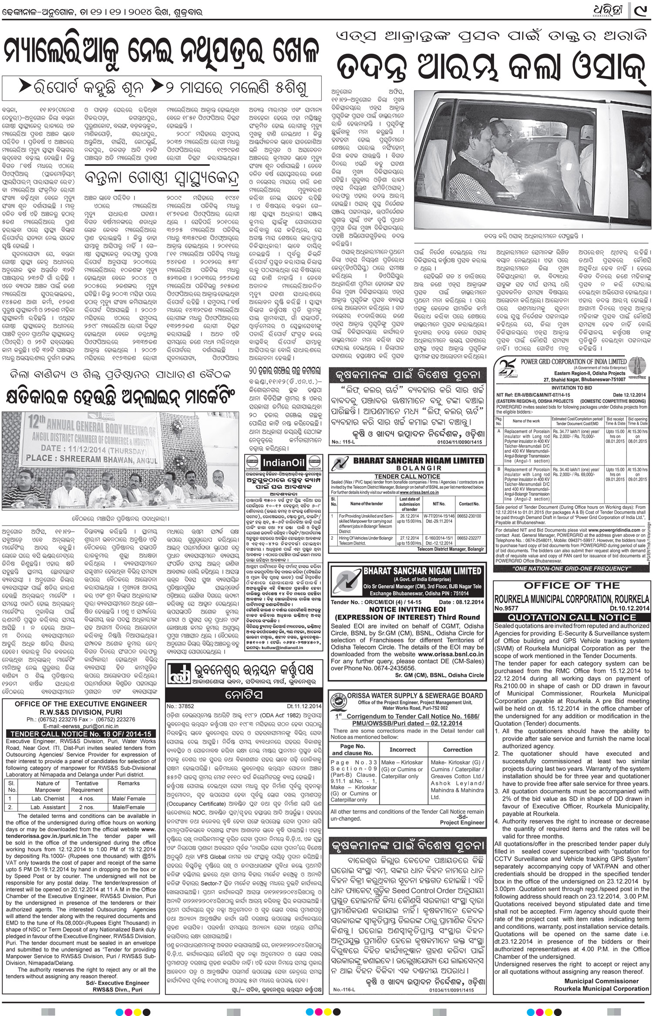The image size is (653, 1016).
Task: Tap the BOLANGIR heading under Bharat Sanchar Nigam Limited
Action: [407, 468]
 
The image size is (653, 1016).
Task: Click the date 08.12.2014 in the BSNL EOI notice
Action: [467, 602]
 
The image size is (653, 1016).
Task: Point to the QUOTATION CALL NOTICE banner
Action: [572, 617]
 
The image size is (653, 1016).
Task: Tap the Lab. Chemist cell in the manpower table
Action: [48, 798]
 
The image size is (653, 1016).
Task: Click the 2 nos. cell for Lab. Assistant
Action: [87, 807]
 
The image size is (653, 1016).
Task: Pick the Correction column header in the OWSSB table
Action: [458, 749]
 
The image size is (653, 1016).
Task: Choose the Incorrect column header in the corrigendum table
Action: [402, 749]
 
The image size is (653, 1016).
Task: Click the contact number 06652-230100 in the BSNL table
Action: [469, 516]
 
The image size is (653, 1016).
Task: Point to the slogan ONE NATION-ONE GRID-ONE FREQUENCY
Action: [571, 568]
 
